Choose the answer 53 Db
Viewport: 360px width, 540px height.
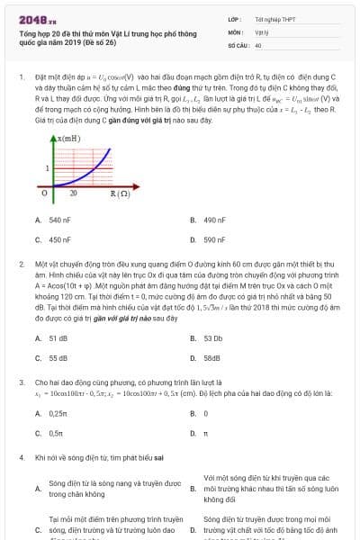212,338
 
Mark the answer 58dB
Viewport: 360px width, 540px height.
211,358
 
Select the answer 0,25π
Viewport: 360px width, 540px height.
58,414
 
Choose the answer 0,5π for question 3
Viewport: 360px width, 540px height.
56,434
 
